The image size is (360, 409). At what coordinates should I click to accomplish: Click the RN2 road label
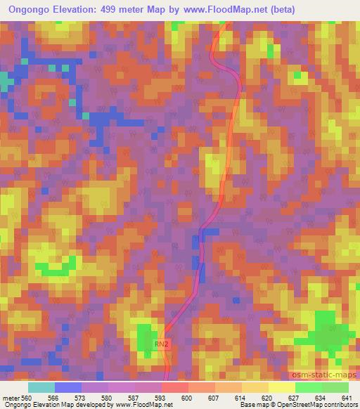(x=163, y=344)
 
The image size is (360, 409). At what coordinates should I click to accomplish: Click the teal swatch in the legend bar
(x=41, y=387)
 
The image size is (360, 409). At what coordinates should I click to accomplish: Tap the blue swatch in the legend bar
(x=68, y=387)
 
